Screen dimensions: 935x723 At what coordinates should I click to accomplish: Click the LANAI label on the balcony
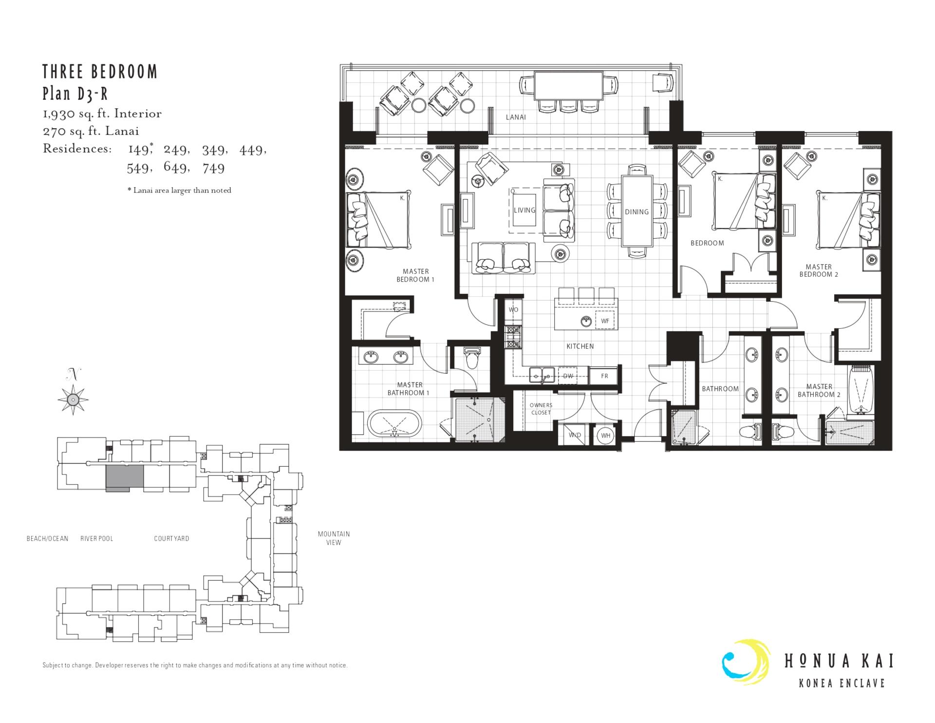click(x=516, y=117)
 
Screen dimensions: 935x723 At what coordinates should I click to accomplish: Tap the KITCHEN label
click(x=580, y=346)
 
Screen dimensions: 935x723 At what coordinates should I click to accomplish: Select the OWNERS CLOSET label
click(x=541, y=409)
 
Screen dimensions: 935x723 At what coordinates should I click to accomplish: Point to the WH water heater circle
click(x=606, y=436)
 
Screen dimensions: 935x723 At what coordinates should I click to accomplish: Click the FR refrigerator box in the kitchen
click(x=604, y=376)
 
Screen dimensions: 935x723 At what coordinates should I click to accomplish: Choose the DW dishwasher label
click(x=568, y=376)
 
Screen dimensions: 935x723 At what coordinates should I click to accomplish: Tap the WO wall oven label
click(x=513, y=310)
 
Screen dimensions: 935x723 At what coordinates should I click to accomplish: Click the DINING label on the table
click(x=637, y=212)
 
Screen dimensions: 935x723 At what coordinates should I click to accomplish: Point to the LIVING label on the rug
click(x=524, y=210)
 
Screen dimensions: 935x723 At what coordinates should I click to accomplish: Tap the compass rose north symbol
click(x=73, y=399)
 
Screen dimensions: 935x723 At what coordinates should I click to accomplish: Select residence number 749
click(x=214, y=168)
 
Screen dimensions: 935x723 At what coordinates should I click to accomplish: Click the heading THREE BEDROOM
click(x=100, y=72)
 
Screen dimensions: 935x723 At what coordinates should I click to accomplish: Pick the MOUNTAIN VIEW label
click(x=334, y=538)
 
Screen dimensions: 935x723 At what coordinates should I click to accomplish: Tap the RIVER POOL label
click(x=97, y=538)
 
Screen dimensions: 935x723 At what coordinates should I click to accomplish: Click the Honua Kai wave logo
click(x=746, y=662)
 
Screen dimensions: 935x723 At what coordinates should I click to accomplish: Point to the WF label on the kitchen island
click(x=605, y=321)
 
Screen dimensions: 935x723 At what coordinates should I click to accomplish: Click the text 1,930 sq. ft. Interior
click(x=102, y=114)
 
